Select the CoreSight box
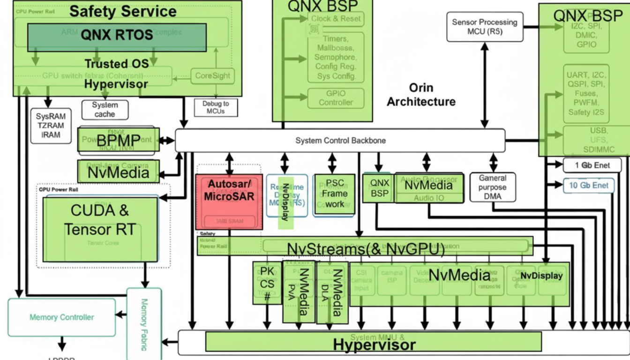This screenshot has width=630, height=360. pos(212,76)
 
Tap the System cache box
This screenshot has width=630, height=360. pos(105,110)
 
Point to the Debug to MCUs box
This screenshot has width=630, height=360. pos(216,107)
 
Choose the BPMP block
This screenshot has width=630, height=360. pos(118,140)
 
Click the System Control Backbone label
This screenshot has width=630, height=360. pos(340,141)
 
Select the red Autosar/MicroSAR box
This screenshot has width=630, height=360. pos(229,202)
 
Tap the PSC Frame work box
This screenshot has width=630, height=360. pos(334,194)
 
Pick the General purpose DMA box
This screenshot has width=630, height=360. pos(492,187)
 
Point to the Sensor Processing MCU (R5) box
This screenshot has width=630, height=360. pos(484,27)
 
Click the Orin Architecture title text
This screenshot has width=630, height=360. pos(421,95)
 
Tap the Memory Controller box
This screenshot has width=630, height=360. pos(61,317)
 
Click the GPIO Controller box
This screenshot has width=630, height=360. pos(336,98)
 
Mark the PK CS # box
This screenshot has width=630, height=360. pos(267,283)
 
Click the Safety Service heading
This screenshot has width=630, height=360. pos(123,11)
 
